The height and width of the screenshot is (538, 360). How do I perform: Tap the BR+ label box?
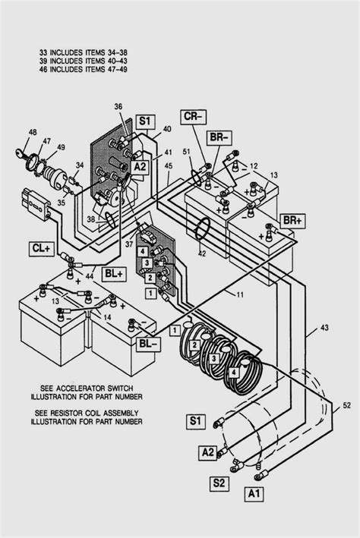292,219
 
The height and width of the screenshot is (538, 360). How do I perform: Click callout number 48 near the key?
33,132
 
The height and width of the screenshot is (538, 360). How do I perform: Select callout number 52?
346,403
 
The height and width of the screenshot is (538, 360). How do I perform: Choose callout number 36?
118,105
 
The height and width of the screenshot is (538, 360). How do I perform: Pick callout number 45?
168,166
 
